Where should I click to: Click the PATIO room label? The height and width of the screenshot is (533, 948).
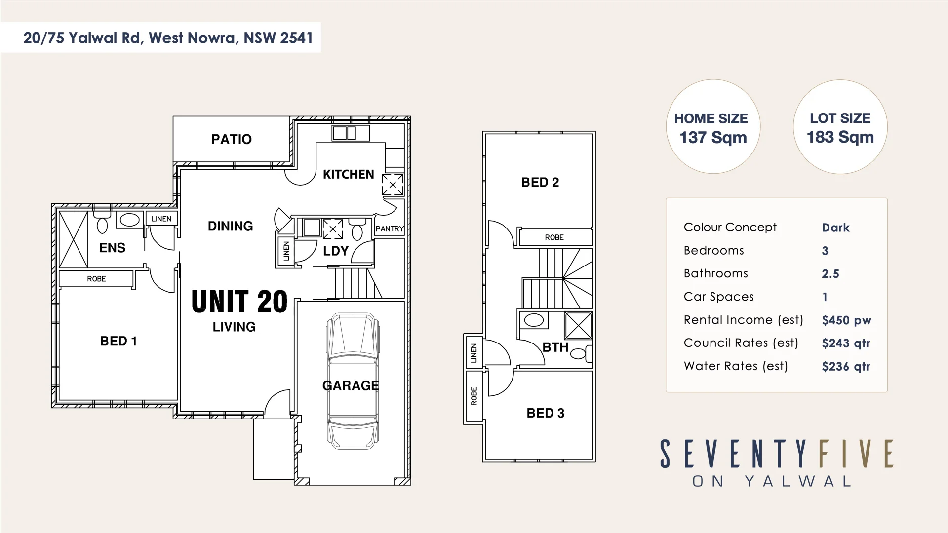coord(231,139)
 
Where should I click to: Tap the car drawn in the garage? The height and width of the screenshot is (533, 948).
coord(353,380)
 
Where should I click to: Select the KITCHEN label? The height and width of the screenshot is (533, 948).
coord(348,174)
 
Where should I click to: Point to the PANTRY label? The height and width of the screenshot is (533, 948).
coord(390,229)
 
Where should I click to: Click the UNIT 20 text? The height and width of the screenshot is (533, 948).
coord(239,302)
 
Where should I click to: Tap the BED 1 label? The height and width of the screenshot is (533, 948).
coord(118,341)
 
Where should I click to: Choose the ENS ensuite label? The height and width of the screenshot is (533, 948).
coord(112,248)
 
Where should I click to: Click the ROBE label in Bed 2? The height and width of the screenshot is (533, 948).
coord(554,237)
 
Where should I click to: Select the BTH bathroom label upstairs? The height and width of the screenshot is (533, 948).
coord(555,347)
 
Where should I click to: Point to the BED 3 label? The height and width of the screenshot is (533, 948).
coord(545,413)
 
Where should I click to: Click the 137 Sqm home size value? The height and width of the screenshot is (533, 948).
coord(713,138)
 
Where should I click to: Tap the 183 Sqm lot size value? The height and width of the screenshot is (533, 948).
coord(840,137)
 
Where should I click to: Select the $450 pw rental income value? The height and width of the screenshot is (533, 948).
coord(846,320)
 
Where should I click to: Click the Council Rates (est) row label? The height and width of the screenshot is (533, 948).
coord(741,343)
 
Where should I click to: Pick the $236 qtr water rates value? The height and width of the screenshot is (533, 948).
coord(846,366)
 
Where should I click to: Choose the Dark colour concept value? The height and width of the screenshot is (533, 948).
coord(835,228)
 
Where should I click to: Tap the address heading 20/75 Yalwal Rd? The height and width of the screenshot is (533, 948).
coord(168,38)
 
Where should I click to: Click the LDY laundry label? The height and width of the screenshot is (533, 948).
coord(336,251)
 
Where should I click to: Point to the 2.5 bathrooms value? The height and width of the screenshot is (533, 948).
coord(830,274)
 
